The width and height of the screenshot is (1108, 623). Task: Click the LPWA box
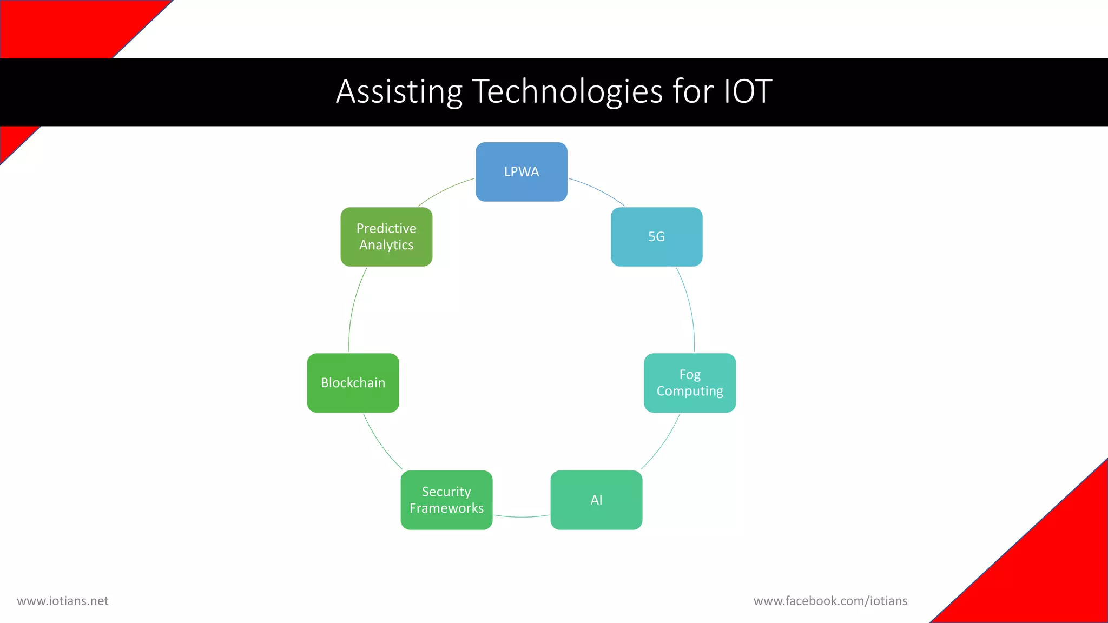pos(521,172)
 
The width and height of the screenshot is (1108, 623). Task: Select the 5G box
pos(656,237)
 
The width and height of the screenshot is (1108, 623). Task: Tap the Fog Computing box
pos(689,383)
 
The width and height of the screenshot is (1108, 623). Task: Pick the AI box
pos(596,500)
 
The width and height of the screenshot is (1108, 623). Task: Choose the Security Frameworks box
pos(446,500)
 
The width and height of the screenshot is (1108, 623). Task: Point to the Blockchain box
pos(353,383)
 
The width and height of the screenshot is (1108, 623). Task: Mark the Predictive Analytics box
pos(386,237)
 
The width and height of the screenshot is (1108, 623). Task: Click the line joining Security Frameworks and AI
pos(522,517)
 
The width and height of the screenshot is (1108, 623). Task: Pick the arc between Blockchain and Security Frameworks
pos(380,443)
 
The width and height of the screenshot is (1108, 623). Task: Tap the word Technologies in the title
pos(568,91)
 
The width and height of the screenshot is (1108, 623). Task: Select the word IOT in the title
pos(748,91)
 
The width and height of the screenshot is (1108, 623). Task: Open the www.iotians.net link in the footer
pos(63,601)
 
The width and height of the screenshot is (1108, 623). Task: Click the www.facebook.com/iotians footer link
pos(830,601)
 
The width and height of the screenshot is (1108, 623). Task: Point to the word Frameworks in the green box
pos(446,508)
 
